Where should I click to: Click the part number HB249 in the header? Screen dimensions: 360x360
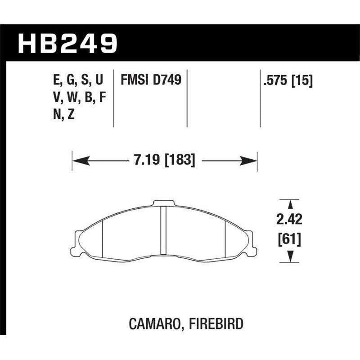click(x=67, y=44)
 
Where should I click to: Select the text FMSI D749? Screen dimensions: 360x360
click(x=150, y=81)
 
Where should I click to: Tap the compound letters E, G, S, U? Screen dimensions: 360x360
click(x=77, y=81)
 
